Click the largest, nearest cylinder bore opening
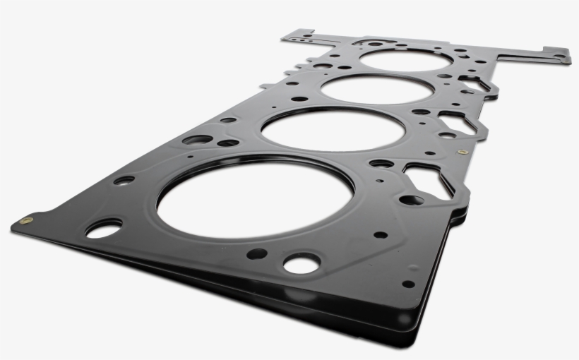click(x=254, y=200)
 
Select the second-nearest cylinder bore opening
click(x=333, y=130)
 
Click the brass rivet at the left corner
click(x=26, y=221)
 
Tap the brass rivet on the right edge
click(x=462, y=152)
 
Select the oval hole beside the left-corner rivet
click(x=103, y=228)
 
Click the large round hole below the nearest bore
click(x=302, y=264)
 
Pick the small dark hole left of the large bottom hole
click(x=256, y=253)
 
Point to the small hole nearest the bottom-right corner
click(x=408, y=284)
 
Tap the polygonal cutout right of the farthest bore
click(x=474, y=83)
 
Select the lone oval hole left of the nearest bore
click(x=124, y=180)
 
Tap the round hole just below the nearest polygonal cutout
click(x=411, y=200)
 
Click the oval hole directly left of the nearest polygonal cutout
click(x=381, y=164)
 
